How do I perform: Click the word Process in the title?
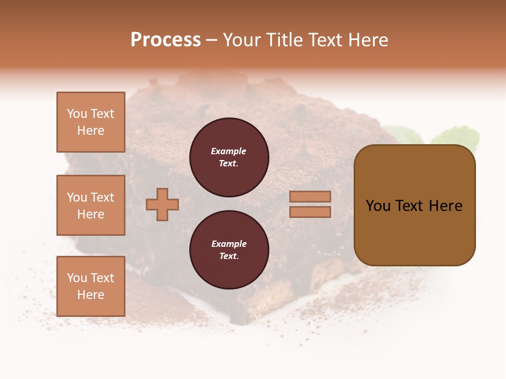pyautogui.click(x=166, y=40)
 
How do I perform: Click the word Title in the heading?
pyautogui.click(x=283, y=40)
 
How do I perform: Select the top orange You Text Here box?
pyautogui.click(x=91, y=122)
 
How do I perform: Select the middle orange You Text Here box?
pyautogui.click(x=91, y=205)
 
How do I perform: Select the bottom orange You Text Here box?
pyautogui.click(x=91, y=286)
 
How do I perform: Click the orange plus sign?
pyautogui.click(x=162, y=204)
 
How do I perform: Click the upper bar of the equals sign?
pyautogui.click(x=310, y=196)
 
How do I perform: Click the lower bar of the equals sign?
pyautogui.click(x=310, y=212)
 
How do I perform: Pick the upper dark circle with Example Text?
pyautogui.click(x=229, y=157)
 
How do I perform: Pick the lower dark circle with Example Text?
pyautogui.click(x=229, y=250)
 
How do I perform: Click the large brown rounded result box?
pyautogui.click(x=414, y=232)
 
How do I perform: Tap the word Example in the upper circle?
pyautogui.click(x=229, y=151)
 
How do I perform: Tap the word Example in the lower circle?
pyautogui.click(x=229, y=244)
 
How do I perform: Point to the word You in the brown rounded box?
pyautogui.click(x=378, y=206)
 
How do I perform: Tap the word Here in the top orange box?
pyautogui.click(x=91, y=131)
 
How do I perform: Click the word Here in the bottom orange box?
pyautogui.click(x=91, y=295)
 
